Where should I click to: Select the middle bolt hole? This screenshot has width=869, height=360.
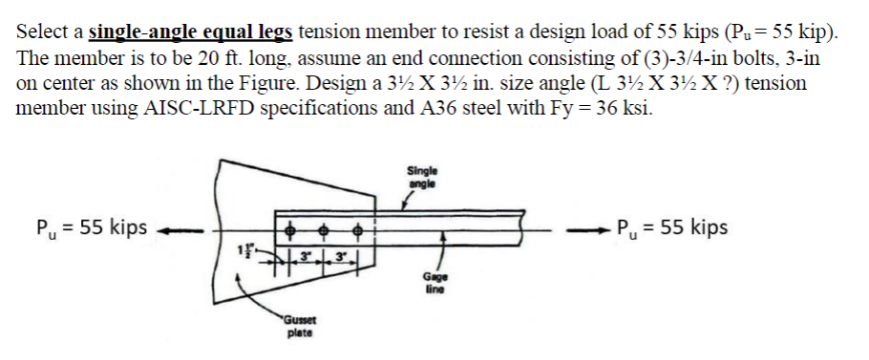pyautogui.click(x=328, y=229)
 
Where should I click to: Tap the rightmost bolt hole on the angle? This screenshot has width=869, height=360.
pyautogui.click(x=359, y=229)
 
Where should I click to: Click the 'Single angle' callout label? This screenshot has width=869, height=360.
pyautogui.click(x=422, y=178)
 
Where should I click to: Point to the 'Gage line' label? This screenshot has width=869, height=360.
pyautogui.click(x=434, y=283)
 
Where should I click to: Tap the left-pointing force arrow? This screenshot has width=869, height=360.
pyautogui.click(x=182, y=229)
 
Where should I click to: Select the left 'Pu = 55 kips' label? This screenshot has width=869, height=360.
pyautogui.click(x=91, y=229)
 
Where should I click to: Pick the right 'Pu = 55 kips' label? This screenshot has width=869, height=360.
pyautogui.click(x=672, y=228)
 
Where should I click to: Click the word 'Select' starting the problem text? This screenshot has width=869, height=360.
pyautogui.click(x=42, y=32)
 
